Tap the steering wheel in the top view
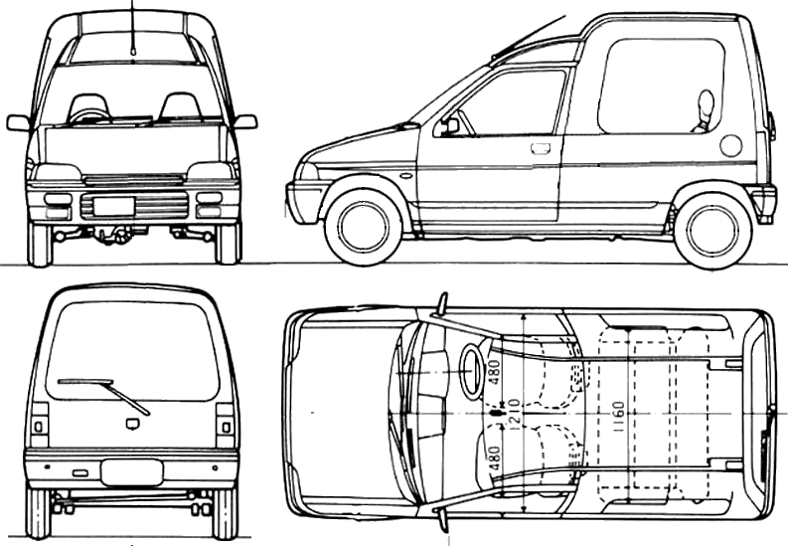(x=471, y=373)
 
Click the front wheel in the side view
(x=364, y=227)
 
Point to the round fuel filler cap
(x=730, y=145)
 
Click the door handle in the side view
(x=540, y=149)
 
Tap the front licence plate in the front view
(x=114, y=207)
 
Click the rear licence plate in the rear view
(x=132, y=472)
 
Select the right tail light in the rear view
(x=226, y=426)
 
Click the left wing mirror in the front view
(x=18, y=122)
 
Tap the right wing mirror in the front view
(x=245, y=122)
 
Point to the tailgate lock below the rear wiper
(x=132, y=425)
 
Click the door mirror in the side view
(x=450, y=126)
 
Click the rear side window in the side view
(x=661, y=86)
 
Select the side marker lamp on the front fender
(x=405, y=176)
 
